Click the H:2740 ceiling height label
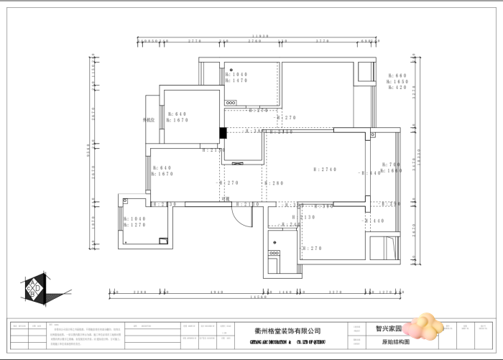click(325, 170)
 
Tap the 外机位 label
click(149, 120)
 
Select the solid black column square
click(223, 132)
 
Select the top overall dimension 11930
click(260, 36)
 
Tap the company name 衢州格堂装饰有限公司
click(288, 331)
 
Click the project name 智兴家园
click(388, 328)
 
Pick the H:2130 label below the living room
click(307, 217)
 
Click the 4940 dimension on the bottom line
click(217, 292)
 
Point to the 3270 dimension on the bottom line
click(334, 292)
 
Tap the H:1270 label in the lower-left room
click(134, 225)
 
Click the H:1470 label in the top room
click(236, 81)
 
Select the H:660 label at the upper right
click(398, 75)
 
